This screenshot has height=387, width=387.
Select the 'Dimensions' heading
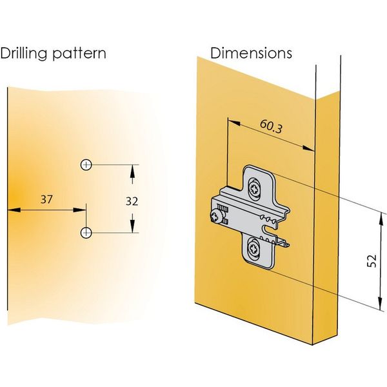pos(252,52)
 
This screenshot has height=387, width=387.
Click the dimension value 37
pos(46,199)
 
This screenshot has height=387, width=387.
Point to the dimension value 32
pos(132,201)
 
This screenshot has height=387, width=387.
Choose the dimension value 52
pos(371,261)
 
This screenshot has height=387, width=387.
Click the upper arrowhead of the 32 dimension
pos(132,170)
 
